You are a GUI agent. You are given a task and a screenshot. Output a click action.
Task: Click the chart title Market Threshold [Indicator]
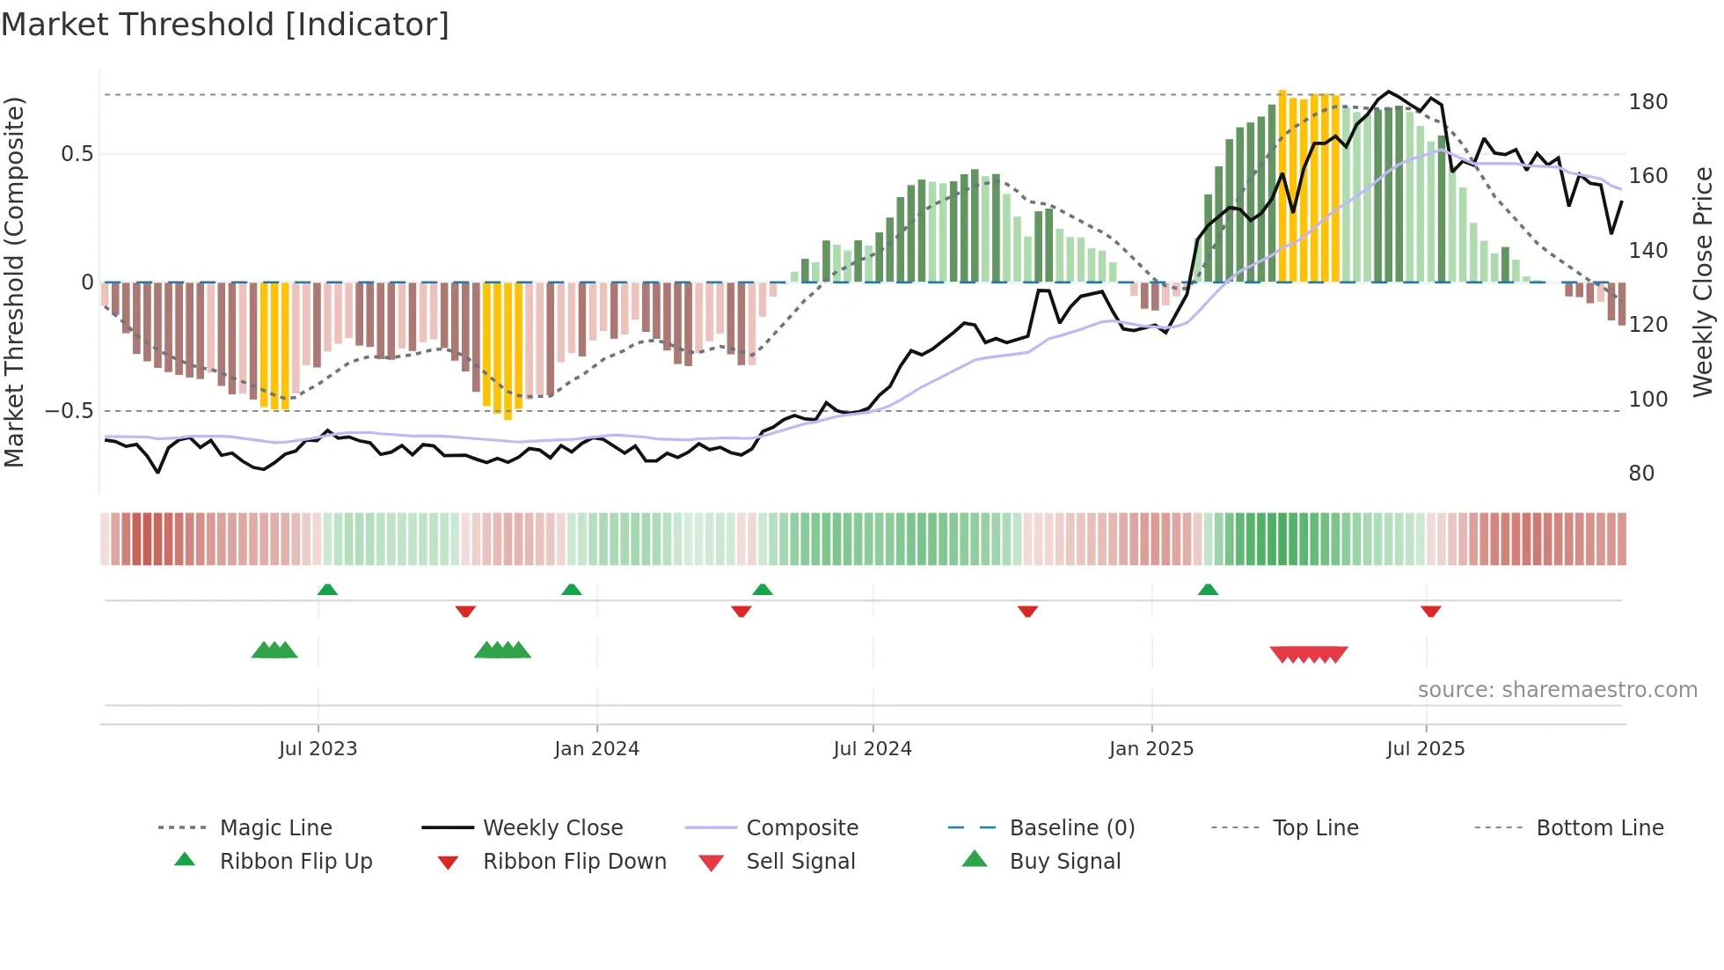(225, 25)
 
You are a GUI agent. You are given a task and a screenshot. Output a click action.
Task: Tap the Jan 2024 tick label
(596, 749)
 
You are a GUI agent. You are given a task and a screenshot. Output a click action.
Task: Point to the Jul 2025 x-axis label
(1425, 749)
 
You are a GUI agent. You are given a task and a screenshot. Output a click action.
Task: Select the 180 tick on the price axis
(1647, 102)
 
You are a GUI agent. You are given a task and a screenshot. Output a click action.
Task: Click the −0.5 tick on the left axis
(69, 411)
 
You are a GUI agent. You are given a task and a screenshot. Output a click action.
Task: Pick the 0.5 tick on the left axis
(77, 154)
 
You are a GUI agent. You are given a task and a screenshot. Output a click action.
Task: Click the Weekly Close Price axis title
(1703, 282)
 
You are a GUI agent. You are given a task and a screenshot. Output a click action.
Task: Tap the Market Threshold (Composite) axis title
(14, 282)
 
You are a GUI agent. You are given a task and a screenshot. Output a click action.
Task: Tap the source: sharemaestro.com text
(1557, 690)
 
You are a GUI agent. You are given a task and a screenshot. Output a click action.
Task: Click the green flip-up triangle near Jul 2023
(327, 590)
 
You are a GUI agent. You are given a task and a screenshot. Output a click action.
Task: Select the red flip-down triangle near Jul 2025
(1430, 611)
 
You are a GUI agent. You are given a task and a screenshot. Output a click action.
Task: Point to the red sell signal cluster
(1309, 654)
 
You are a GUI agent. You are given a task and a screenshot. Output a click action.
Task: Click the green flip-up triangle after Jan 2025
(1208, 590)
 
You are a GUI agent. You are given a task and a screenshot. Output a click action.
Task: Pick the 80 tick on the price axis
(1641, 474)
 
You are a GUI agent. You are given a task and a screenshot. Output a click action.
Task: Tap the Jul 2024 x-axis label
(872, 749)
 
